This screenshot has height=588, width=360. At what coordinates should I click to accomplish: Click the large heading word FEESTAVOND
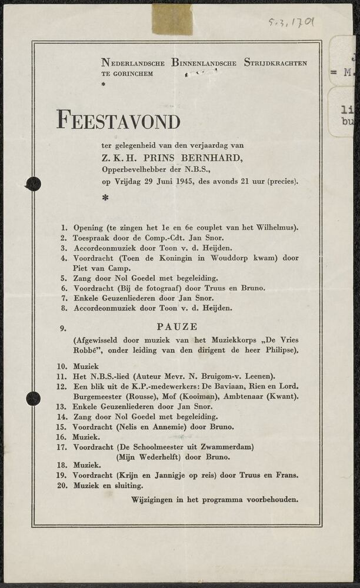tap(118, 121)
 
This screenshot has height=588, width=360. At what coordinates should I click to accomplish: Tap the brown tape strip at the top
tap(172, 19)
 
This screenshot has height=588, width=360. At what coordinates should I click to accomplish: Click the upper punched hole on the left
tap(33, 184)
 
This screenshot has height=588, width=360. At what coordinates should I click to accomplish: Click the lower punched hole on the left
tap(33, 399)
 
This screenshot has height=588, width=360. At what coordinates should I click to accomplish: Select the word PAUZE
tap(177, 326)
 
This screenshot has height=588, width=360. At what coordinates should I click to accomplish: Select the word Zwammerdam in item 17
tap(229, 447)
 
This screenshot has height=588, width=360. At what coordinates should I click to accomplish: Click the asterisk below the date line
tap(105, 198)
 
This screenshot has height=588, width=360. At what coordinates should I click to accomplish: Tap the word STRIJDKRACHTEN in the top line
tap(275, 63)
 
